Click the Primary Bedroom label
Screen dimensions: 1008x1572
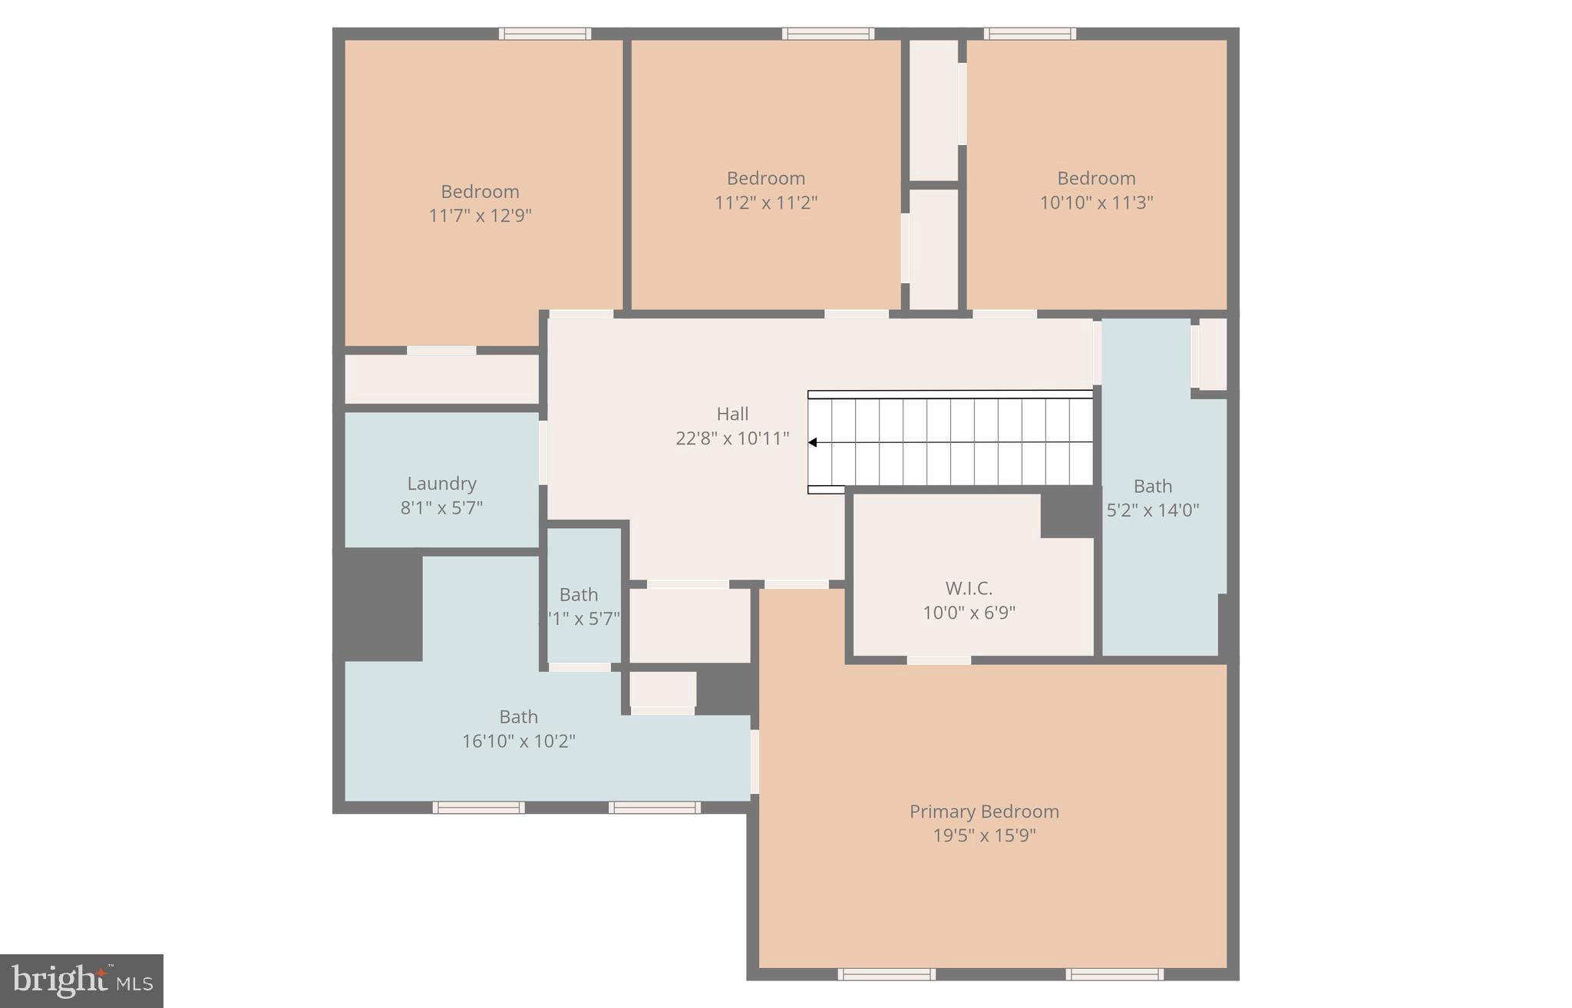coord(984,811)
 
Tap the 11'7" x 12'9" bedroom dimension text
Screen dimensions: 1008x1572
coord(480,216)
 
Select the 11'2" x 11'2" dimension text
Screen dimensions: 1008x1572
coord(765,203)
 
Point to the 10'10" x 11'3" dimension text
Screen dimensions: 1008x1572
coord(1096,203)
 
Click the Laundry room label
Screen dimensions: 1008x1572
coord(441,484)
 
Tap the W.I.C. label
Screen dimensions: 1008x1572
coord(969,589)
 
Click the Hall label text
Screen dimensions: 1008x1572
coord(732,415)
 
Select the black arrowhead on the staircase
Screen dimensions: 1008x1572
coord(812,443)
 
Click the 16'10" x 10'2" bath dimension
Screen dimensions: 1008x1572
coord(518,742)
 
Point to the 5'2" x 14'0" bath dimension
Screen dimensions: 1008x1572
coord(1153,511)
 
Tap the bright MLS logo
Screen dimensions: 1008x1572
coord(81,980)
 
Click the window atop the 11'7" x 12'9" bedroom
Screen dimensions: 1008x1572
coord(545,34)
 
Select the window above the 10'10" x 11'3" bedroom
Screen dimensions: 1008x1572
coord(1030,34)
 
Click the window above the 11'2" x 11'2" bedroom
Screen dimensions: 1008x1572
coord(828,34)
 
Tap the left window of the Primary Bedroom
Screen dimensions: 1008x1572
coord(887,974)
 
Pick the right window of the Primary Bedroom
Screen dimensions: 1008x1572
coord(1115,974)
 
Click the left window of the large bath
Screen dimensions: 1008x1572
coord(479,808)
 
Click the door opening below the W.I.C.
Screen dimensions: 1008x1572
coord(939,660)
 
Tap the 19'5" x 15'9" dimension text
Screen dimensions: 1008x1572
coord(984,836)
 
